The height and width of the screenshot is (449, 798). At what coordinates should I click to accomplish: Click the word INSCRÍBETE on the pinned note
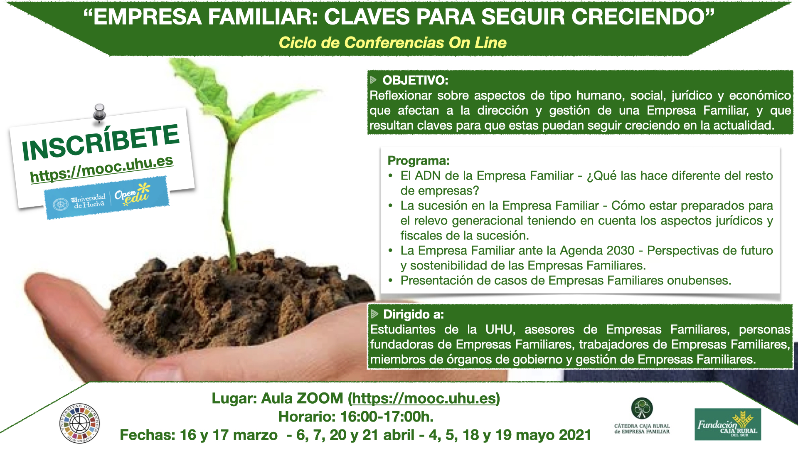tap(101, 142)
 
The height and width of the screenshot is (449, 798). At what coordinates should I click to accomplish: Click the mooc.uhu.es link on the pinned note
tap(102, 169)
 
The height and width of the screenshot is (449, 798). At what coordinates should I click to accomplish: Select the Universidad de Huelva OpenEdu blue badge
tap(107, 198)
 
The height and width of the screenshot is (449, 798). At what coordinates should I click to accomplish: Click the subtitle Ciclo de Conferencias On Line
tap(392, 42)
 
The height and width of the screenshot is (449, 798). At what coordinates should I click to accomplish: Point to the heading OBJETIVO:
tap(415, 80)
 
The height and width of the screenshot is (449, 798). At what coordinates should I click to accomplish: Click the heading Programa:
tap(419, 160)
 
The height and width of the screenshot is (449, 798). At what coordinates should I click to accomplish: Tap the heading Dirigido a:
tap(414, 314)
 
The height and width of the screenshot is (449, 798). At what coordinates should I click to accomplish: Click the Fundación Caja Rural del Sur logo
tap(728, 424)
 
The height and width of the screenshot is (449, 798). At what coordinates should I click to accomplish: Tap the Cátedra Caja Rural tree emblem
tap(642, 408)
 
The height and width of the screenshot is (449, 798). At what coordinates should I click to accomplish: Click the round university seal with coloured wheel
tap(79, 423)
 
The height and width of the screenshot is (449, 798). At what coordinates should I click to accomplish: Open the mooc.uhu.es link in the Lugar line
tap(424, 398)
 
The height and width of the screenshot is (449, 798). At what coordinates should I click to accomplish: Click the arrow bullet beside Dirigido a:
tap(374, 314)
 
